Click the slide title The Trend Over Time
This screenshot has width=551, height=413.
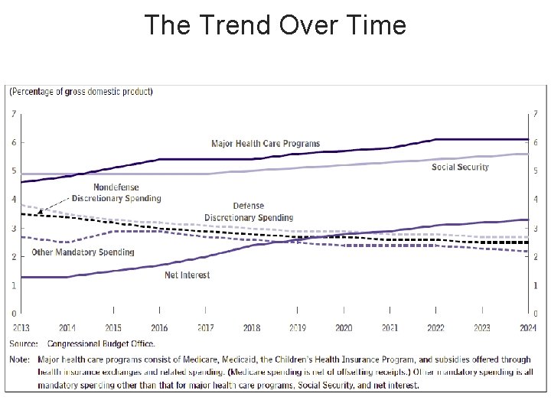tap(275, 25)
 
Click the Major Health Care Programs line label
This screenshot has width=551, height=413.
tap(266, 144)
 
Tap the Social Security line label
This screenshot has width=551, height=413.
tap(460, 167)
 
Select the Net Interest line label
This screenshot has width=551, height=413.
tap(187, 275)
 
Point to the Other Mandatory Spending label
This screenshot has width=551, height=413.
tap(83, 252)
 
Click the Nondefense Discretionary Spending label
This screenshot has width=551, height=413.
tap(116, 193)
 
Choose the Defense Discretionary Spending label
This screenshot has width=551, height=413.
tap(249, 211)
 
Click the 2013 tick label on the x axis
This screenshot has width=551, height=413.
tap(21, 327)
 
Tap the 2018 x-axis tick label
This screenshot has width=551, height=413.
tap(251, 327)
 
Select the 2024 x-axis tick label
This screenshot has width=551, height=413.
tap(527, 327)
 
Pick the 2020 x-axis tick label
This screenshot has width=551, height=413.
tap(344, 327)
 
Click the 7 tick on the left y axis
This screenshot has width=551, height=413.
tap(14, 114)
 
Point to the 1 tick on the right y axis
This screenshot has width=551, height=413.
tap(535, 285)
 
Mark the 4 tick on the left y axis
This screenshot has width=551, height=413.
tap(14, 200)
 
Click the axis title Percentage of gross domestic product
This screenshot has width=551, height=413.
tap(81, 92)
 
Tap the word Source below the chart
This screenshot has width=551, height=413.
tap(24, 343)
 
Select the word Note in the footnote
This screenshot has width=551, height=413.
tap(19, 359)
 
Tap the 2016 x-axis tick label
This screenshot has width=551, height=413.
tap(159, 327)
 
